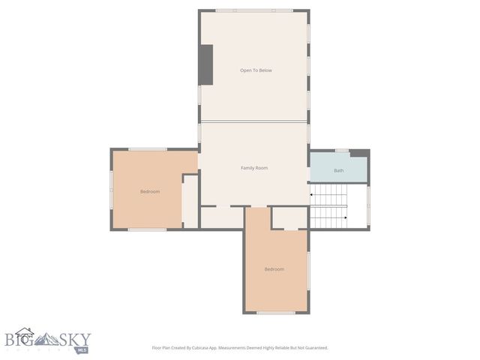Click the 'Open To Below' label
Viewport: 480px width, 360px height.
tap(256, 70)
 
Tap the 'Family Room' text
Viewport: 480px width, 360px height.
tap(254, 168)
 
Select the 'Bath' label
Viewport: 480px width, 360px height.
tap(339, 170)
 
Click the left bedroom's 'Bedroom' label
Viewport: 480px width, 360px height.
tap(150, 192)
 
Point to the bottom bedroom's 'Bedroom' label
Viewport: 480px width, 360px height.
tap(274, 269)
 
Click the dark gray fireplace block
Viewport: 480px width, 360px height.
tap(205, 64)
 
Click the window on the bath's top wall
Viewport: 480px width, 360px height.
tap(342, 151)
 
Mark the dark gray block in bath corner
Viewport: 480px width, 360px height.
tap(360, 153)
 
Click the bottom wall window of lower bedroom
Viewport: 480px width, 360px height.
tap(276, 313)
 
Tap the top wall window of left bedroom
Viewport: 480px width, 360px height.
tap(147, 149)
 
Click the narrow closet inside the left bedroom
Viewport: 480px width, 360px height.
tap(190, 200)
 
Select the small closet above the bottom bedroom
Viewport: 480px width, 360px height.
tap(289, 217)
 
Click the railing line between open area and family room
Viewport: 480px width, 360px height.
tap(253, 121)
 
